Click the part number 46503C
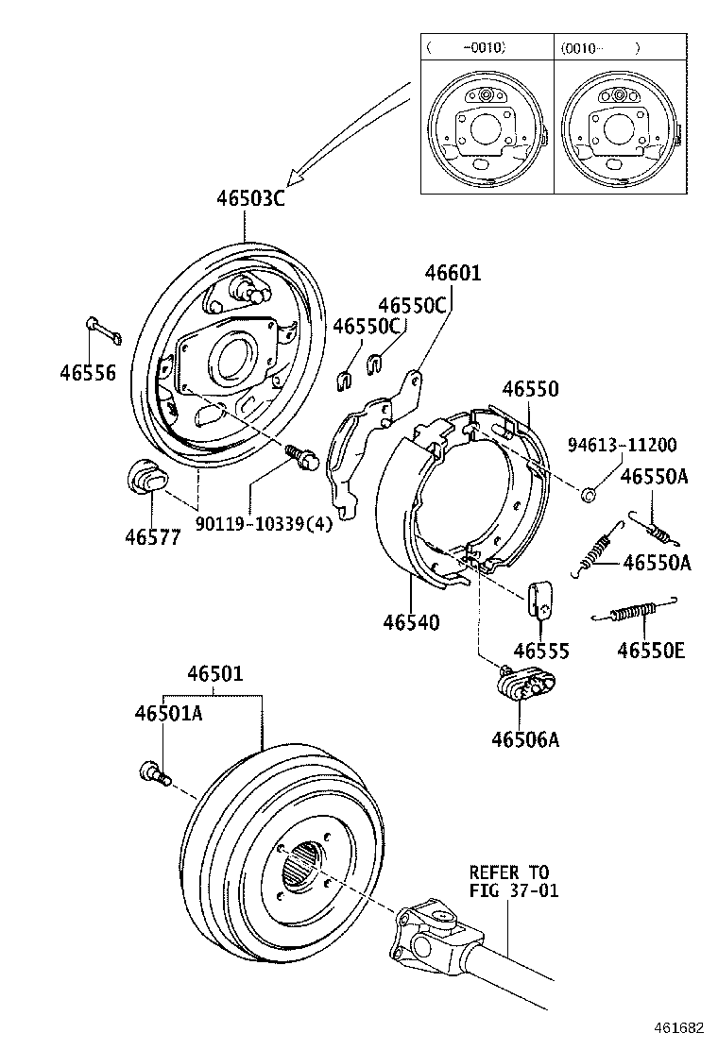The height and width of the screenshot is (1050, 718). (250, 199)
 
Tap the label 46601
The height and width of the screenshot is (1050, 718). (453, 274)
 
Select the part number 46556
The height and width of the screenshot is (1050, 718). (88, 372)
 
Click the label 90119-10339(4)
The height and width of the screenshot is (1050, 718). (265, 524)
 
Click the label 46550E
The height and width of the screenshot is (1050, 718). (651, 650)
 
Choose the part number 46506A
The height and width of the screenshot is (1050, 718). (524, 739)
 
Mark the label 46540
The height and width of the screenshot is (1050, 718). (411, 623)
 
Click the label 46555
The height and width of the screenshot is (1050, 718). (541, 651)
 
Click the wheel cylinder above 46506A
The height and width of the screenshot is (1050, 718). (523, 683)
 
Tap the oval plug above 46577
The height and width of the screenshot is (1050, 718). (145, 477)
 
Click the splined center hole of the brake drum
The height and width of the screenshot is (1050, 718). (303, 864)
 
